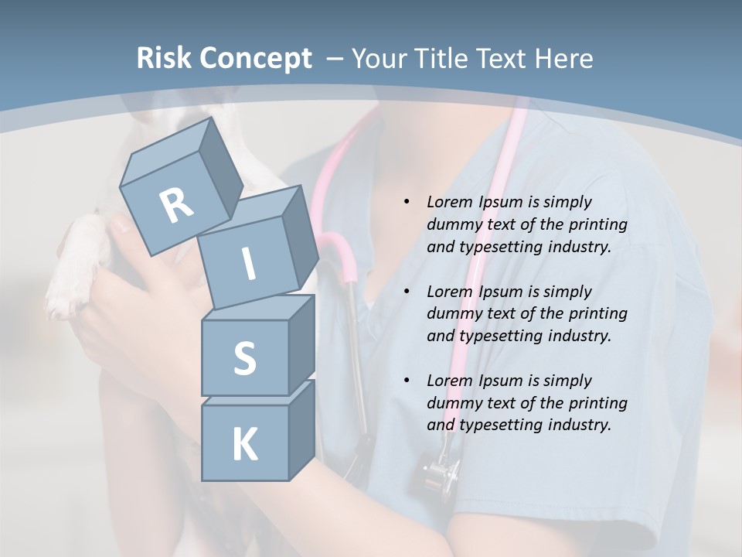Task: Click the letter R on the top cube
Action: [x=176, y=206]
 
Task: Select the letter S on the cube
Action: [x=244, y=359]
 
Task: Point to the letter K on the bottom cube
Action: [x=244, y=445]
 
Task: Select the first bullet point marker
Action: [x=407, y=202]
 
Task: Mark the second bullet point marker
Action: [x=407, y=292]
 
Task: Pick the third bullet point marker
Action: [x=407, y=381]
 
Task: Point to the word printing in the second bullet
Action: [x=597, y=313]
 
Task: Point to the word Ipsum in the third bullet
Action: [x=503, y=381]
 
